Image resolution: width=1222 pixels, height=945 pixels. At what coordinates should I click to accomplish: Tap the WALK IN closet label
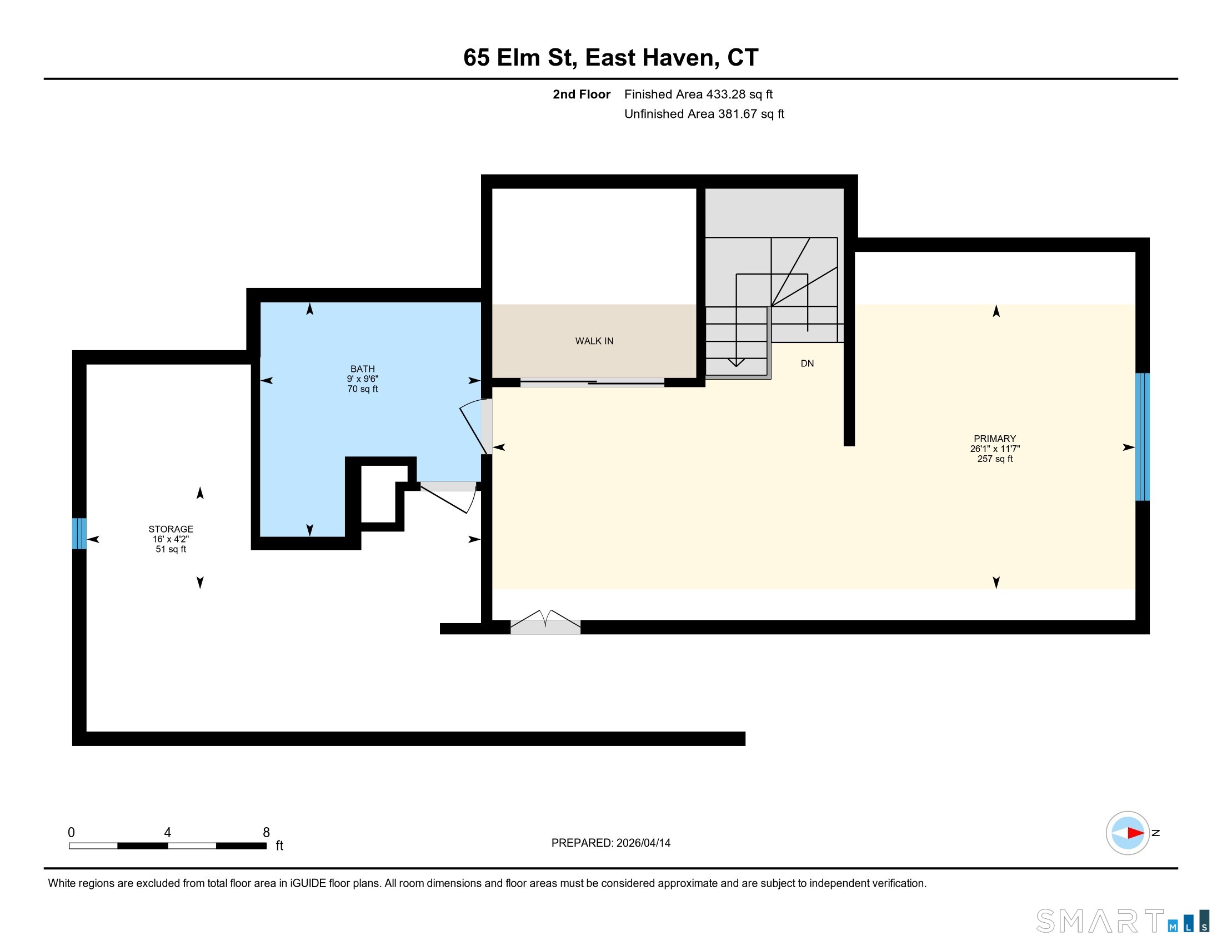(x=594, y=341)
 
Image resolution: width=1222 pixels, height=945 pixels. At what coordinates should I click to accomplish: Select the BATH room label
(x=363, y=369)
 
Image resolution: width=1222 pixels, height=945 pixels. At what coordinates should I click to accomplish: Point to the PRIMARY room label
(x=995, y=439)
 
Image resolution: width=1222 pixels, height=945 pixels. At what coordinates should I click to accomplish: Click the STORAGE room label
(x=171, y=529)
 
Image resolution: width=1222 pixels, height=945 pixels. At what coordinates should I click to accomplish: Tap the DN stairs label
(x=807, y=364)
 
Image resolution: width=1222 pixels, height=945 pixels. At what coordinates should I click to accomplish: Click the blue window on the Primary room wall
(x=1142, y=437)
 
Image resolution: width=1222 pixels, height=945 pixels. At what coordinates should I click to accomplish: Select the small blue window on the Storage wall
(x=79, y=534)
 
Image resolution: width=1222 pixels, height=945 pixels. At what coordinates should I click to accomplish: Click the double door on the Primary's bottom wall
(x=545, y=623)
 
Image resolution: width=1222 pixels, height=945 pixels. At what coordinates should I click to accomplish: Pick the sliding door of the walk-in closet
(x=592, y=383)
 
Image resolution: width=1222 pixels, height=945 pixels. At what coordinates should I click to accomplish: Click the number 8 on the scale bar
(x=266, y=833)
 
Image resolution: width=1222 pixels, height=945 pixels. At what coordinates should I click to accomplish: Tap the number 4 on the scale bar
(x=167, y=833)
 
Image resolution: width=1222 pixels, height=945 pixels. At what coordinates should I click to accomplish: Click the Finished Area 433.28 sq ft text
(x=698, y=94)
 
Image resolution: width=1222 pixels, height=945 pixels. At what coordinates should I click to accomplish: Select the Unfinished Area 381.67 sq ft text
(x=704, y=114)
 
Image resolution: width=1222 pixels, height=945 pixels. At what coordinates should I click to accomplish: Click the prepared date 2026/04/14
(x=643, y=843)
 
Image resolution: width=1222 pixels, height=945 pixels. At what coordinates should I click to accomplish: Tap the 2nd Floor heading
(x=582, y=94)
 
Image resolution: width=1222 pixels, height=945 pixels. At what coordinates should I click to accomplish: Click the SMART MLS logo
(x=1123, y=921)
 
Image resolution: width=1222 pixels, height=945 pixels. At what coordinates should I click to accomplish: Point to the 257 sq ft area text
(x=995, y=459)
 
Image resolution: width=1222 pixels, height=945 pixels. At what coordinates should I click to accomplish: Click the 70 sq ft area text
(x=363, y=389)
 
